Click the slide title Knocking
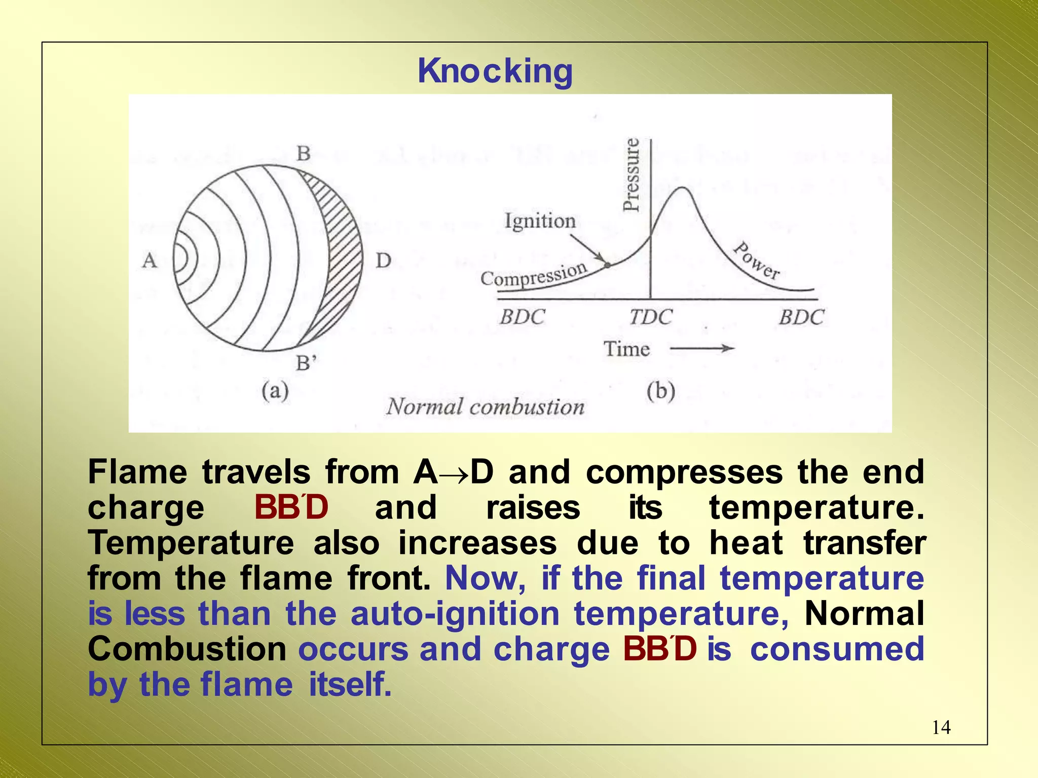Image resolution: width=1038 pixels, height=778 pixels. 495,71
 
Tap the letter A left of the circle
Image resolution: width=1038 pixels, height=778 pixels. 150,261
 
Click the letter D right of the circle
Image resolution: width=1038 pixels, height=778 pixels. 383,261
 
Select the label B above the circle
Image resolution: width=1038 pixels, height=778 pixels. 303,153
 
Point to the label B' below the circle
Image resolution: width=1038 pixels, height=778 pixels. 306,363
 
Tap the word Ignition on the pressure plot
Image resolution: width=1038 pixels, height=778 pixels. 540,221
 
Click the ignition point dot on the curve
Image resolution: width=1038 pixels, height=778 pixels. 607,265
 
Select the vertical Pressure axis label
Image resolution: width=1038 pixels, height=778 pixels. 632,174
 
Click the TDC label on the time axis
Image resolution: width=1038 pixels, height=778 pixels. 651,317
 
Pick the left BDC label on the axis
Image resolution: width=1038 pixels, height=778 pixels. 522,317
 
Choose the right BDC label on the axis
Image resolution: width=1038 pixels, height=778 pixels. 801,317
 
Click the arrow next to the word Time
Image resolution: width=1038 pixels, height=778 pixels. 702,348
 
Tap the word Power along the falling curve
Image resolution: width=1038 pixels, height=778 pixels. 757,261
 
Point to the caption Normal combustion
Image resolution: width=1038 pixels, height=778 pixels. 485,407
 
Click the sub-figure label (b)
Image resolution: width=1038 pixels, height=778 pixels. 660,392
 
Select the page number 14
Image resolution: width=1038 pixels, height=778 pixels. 941,728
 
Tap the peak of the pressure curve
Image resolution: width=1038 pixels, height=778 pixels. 683,188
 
